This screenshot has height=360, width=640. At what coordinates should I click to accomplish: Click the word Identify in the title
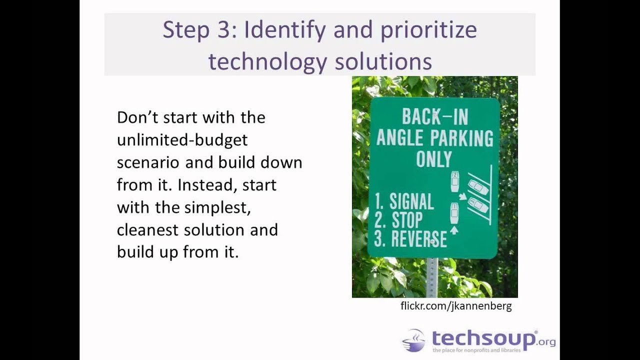(x=284, y=30)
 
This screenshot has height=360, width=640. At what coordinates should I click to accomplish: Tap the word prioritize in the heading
(x=428, y=30)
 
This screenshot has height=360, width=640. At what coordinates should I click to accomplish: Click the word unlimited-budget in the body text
(x=182, y=140)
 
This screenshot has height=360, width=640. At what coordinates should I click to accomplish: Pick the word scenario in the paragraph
(x=148, y=162)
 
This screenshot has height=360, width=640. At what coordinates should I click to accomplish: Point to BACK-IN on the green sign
(x=435, y=117)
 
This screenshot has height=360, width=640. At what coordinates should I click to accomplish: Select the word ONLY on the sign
(x=434, y=159)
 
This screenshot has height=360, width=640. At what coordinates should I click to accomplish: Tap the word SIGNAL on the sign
(x=411, y=201)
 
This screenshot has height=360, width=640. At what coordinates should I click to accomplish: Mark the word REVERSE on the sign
(x=418, y=239)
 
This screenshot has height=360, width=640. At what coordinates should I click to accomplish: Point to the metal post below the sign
(x=432, y=277)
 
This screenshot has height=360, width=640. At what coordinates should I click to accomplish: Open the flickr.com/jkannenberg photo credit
(x=456, y=306)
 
